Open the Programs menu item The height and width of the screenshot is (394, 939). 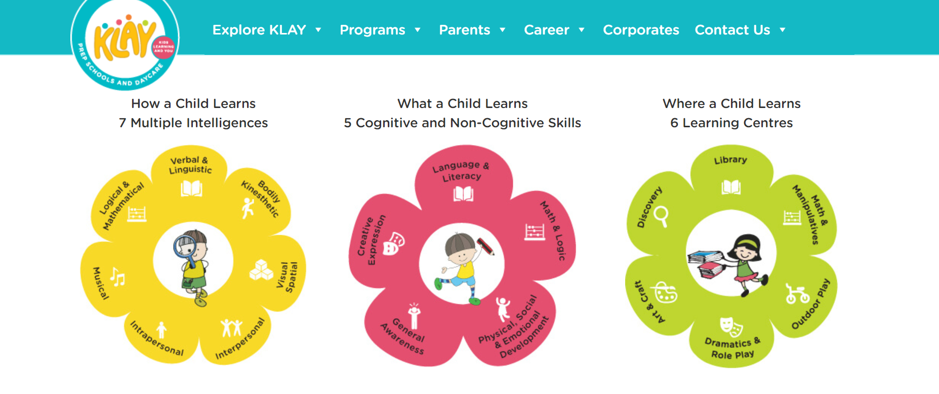pos(373,30)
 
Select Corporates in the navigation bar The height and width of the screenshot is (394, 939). pos(641,30)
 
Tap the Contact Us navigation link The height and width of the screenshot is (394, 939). pos(732,30)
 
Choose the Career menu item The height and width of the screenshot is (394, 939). pos(547,30)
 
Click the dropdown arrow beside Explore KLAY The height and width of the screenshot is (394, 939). pos(318,30)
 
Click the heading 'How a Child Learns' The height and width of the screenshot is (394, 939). pos(193,103)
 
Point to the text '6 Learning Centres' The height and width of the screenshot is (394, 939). pos(731,123)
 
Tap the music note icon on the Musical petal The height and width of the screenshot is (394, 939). pos(118,277)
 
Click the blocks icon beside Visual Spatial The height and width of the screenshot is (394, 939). pos(261,270)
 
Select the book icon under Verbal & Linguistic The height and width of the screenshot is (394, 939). pos(192,189)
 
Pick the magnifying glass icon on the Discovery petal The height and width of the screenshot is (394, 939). pos(661,217)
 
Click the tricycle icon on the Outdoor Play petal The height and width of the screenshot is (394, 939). pos(797,293)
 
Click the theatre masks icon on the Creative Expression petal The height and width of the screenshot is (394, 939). pos(393,243)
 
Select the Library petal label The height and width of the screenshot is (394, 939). pos(730,160)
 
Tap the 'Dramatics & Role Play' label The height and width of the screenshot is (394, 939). pos(732,348)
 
